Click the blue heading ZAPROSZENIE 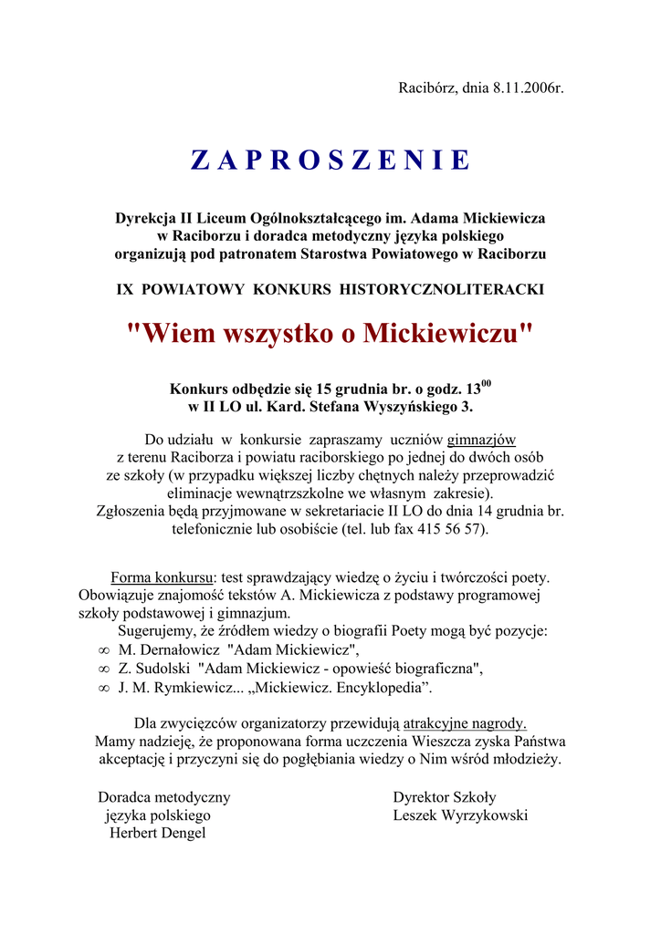pyautogui.click(x=330, y=161)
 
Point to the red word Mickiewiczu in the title pyautogui.click(x=446, y=334)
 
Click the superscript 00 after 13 pyautogui.click(x=487, y=383)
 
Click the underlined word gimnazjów pyautogui.click(x=481, y=439)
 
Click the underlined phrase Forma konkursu pyautogui.click(x=161, y=577)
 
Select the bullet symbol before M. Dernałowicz pyautogui.click(x=103, y=650)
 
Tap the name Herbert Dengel pyautogui.click(x=158, y=833)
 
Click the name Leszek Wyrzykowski pyautogui.click(x=460, y=815)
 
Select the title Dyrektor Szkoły pyautogui.click(x=445, y=797)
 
